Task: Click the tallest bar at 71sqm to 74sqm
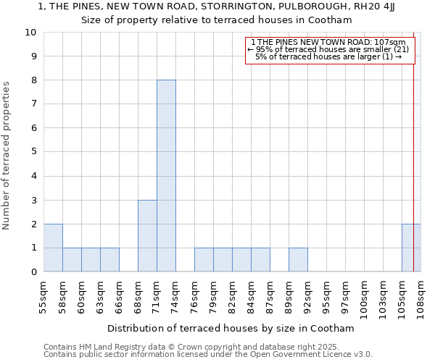166,176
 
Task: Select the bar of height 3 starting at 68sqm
147,236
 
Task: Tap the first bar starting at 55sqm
53,248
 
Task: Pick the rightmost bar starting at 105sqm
410,248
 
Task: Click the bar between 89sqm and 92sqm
298,260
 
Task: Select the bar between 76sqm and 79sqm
204,260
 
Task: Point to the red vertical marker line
414,159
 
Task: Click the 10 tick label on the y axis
30,33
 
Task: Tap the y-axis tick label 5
33,152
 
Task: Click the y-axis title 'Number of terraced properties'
7,156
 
